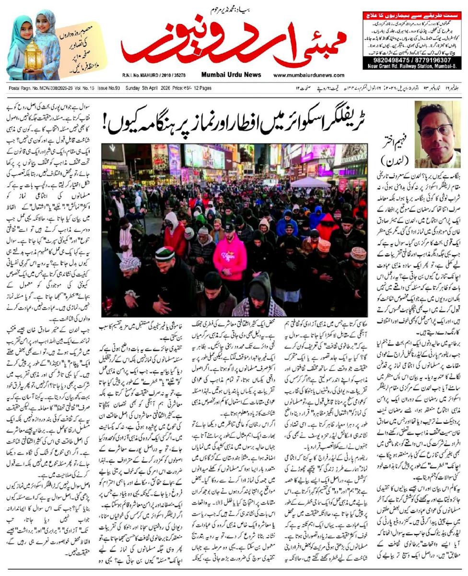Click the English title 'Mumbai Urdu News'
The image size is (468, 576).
(231, 74)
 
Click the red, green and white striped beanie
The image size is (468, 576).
(165, 254)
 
